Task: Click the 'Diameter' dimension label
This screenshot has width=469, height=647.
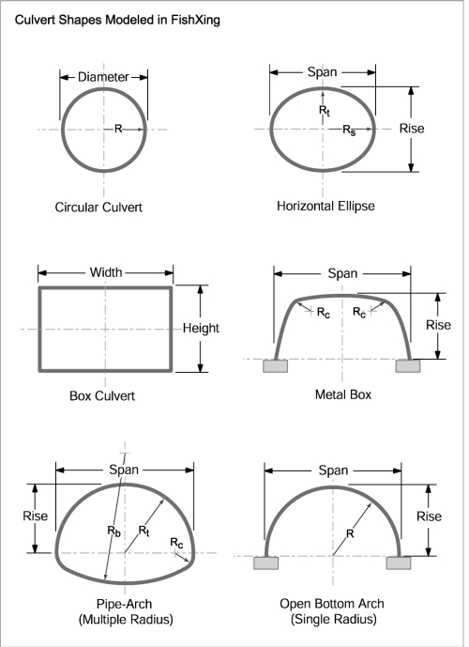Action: [102, 77]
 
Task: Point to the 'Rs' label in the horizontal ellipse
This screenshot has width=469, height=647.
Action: [348, 128]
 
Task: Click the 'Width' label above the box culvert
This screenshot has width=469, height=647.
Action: [104, 273]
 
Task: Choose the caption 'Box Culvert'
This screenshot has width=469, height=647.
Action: [103, 395]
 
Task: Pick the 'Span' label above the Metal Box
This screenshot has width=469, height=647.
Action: [342, 273]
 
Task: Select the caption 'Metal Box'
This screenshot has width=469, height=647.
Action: [341, 394]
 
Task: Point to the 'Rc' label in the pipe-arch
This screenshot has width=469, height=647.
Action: [175, 542]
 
